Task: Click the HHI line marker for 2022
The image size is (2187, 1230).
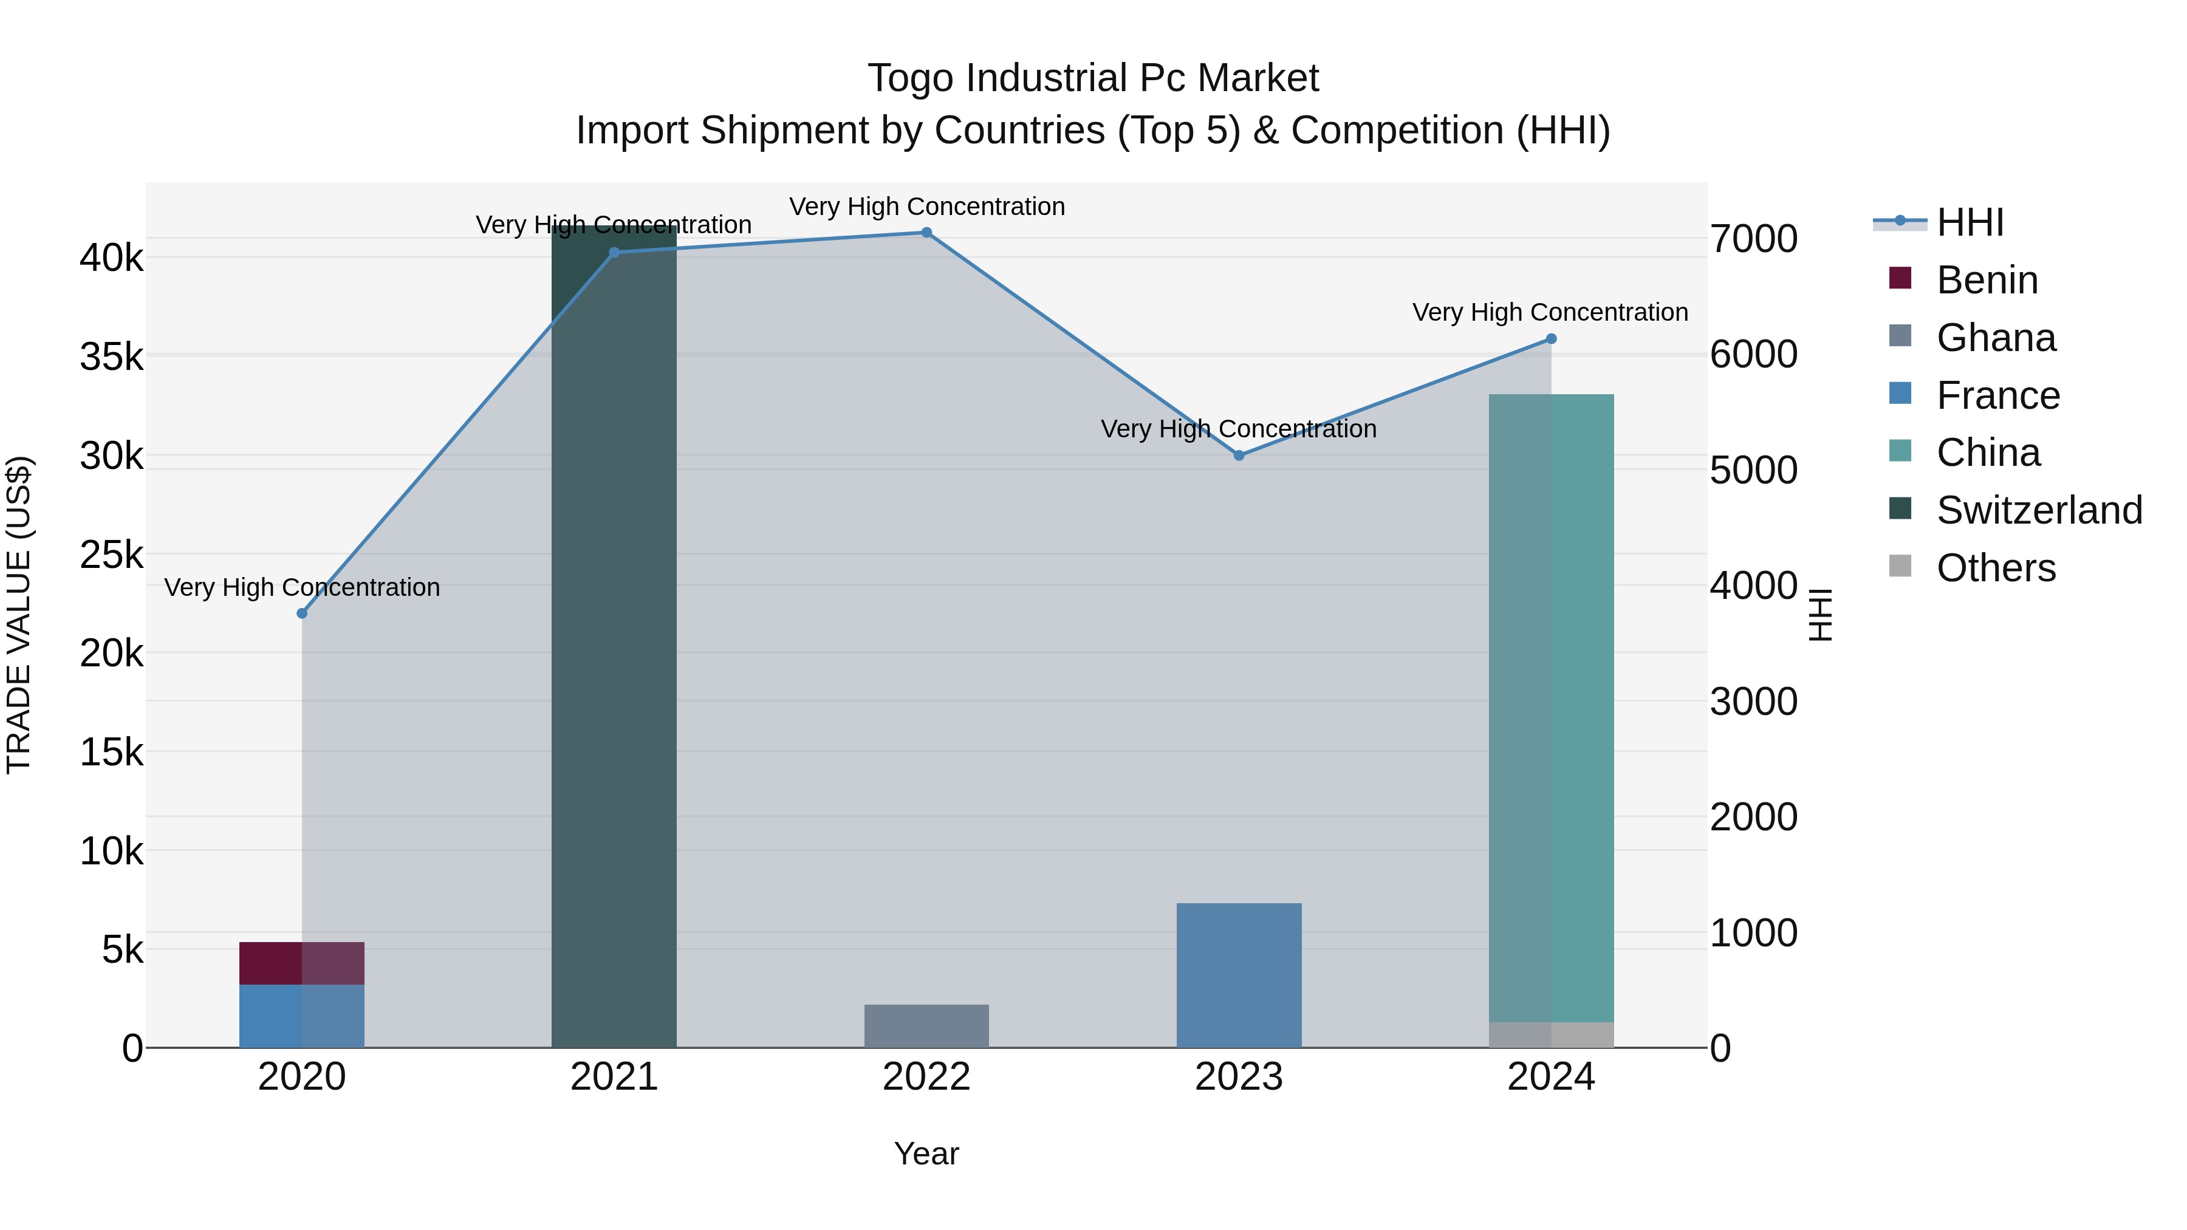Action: (x=926, y=233)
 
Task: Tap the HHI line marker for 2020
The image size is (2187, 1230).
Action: (x=303, y=613)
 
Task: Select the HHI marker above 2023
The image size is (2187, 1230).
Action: (x=1239, y=456)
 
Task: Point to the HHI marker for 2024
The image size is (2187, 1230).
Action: (x=1551, y=339)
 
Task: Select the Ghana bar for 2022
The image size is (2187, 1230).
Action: (x=926, y=1027)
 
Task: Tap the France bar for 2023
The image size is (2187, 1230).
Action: (x=1239, y=975)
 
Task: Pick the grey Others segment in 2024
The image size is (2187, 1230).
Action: (x=1551, y=1035)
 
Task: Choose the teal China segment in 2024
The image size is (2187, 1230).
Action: (x=1551, y=705)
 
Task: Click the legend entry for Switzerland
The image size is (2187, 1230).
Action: (x=2039, y=510)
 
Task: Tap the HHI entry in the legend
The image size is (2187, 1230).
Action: (x=1970, y=222)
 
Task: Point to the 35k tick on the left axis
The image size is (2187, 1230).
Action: (x=112, y=357)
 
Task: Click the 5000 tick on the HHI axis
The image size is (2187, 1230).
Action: (x=1753, y=470)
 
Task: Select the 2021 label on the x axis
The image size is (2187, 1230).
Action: (x=614, y=1077)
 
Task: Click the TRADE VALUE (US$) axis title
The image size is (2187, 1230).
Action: (x=19, y=615)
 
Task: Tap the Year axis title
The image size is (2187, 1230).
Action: (x=926, y=1153)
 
